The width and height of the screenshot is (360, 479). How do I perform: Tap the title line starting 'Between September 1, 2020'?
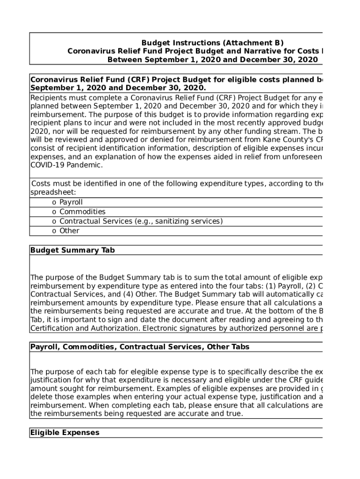pos(212,59)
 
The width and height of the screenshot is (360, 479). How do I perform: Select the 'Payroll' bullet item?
pos(71,203)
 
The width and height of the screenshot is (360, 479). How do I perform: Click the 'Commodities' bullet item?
pos(82,212)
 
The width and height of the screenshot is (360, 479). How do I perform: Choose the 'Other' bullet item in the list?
pos(69,231)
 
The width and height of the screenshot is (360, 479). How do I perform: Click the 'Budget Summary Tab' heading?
pos(72,250)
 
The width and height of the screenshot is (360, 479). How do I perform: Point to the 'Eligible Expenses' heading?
pos(65,433)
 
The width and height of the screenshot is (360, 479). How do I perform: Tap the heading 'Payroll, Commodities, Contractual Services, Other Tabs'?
pos(140,347)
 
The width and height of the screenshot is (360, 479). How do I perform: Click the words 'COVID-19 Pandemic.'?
pos(66,165)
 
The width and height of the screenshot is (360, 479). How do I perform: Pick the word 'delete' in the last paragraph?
pos(42,397)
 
